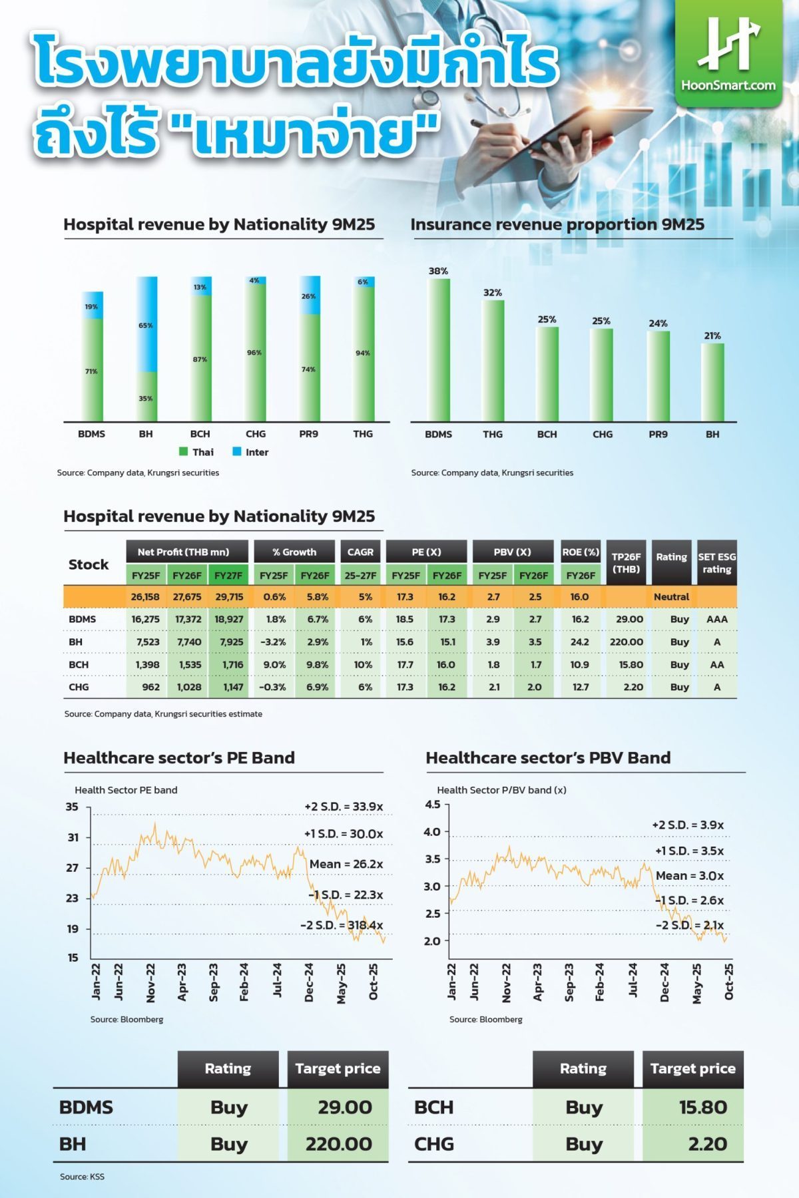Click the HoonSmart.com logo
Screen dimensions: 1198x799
[x=728, y=53]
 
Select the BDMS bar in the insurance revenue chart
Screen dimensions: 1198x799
[x=438, y=349]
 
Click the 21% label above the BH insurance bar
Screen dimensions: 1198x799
[x=712, y=335]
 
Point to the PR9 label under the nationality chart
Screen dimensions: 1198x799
[x=308, y=434]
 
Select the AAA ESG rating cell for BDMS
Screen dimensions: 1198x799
[x=716, y=619]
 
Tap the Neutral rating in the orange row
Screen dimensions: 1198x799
[x=671, y=596]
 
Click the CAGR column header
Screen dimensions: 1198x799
[x=361, y=552]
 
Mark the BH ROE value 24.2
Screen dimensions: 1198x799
[x=580, y=642]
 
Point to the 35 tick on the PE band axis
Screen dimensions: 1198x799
[x=72, y=807]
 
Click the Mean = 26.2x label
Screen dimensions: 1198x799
[x=346, y=864]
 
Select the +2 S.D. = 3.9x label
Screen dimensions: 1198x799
[x=688, y=825]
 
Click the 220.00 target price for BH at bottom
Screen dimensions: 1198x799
[x=338, y=1144]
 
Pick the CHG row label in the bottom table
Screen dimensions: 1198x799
[x=434, y=1144]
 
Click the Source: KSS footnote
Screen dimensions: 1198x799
[x=82, y=1177]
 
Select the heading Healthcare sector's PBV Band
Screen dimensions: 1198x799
[x=548, y=757]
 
